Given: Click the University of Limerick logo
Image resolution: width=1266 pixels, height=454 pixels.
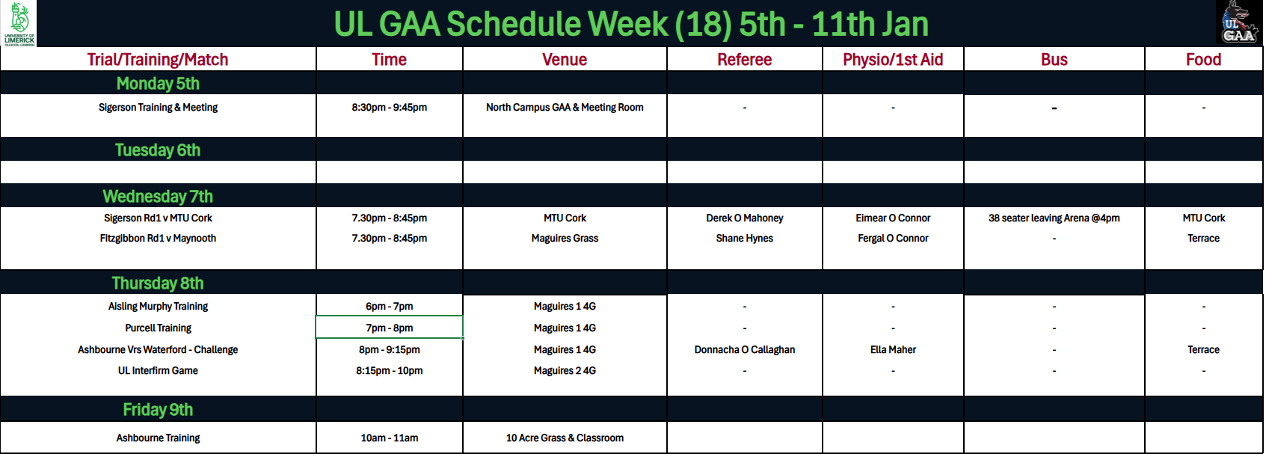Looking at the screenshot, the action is click(19, 24).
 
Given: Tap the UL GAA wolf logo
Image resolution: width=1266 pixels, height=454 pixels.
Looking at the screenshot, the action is click(1239, 22).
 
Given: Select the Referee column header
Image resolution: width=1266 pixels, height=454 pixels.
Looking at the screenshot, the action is click(744, 59).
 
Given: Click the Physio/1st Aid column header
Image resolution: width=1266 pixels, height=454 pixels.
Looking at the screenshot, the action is click(893, 59).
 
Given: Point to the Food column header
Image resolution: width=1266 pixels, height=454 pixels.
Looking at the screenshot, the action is click(1203, 59).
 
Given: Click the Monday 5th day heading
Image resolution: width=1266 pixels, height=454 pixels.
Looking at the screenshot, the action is click(158, 84).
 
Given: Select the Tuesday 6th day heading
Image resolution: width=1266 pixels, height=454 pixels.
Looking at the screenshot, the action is click(158, 150).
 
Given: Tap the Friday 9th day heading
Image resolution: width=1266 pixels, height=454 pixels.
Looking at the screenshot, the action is click(158, 409).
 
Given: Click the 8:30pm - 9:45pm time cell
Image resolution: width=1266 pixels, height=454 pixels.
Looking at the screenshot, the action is click(390, 108).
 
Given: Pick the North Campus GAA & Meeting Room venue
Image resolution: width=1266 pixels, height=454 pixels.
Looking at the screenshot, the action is click(565, 108).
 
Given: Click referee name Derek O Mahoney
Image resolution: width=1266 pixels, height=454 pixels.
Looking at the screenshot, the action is click(744, 218).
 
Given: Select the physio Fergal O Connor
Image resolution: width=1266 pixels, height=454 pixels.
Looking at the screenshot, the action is click(893, 239).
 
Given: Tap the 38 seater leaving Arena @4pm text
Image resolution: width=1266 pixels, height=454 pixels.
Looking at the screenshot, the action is click(1054, 218).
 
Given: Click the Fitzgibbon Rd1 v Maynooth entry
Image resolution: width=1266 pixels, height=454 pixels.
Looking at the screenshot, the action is click(158, 239).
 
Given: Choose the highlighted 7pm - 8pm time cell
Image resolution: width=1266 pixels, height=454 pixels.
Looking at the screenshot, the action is click(390, 328).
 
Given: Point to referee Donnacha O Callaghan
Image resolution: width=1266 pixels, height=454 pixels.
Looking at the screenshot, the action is click(744, 350).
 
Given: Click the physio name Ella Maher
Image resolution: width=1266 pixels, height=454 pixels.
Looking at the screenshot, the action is click(893, 350).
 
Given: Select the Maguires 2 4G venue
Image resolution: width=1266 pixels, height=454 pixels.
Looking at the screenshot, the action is click(565, 371).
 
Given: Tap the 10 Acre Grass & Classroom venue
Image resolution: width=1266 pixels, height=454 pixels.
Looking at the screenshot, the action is click(565, 438).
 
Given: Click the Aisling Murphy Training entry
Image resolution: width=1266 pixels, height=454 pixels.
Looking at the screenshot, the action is click(158, 307).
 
